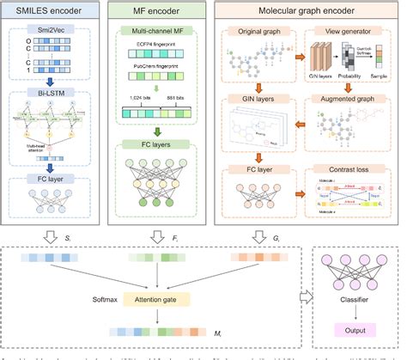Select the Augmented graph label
tap(352, 101)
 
